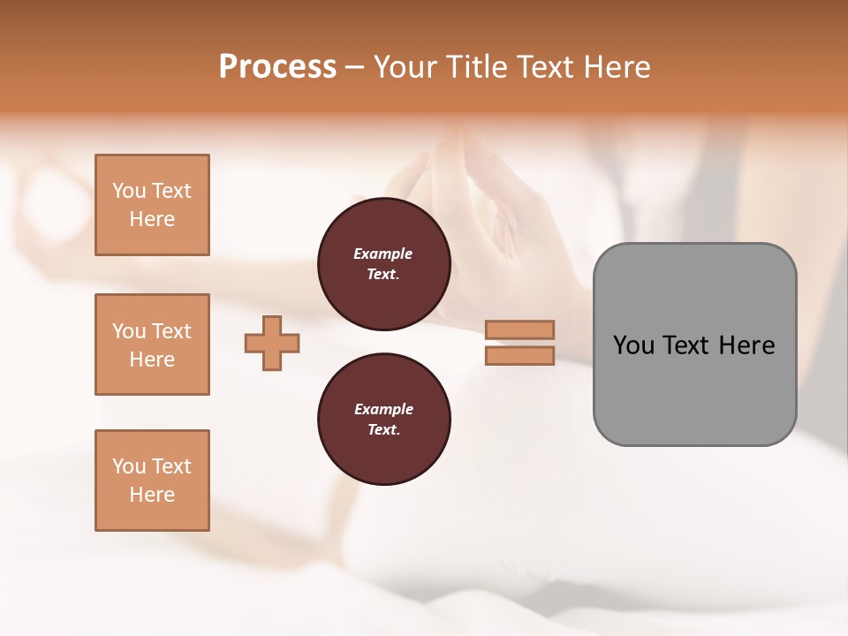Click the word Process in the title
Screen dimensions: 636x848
[x=277, y=67]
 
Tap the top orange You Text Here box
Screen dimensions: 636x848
[x=152, y=205]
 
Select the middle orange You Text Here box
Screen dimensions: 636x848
[x=152, y=344]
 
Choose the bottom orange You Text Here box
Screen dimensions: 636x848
[x=152, y=481]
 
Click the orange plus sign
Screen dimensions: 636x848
[x=272, y=343]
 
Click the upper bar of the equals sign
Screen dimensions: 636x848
[x=519, y=329]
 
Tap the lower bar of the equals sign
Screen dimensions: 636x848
[x=519, y=355]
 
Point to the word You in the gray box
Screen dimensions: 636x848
[x=634, y=345]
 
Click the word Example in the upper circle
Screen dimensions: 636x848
[x=383, y=254]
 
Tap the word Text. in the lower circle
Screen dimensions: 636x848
[x=383, y=429]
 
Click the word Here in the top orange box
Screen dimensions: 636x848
[x=152, y=219]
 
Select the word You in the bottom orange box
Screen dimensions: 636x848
[x=129, y=466]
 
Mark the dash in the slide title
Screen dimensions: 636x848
[x=354, y=67]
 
